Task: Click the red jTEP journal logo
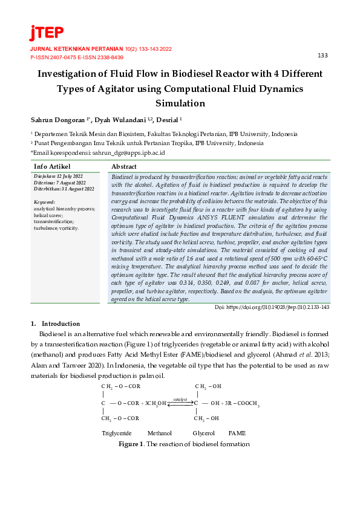(x=46, y=33)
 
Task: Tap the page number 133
(x=322, y=56)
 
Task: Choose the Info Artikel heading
(x=53, y=166)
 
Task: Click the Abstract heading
(x=124, y=166)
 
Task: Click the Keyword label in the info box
(x=44, y=201)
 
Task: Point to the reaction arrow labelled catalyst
(x=180, y=404)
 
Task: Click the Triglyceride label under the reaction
(x=117, y=433)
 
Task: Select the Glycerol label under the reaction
(x=203, y=433)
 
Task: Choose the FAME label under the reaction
(x=237, y=433)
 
